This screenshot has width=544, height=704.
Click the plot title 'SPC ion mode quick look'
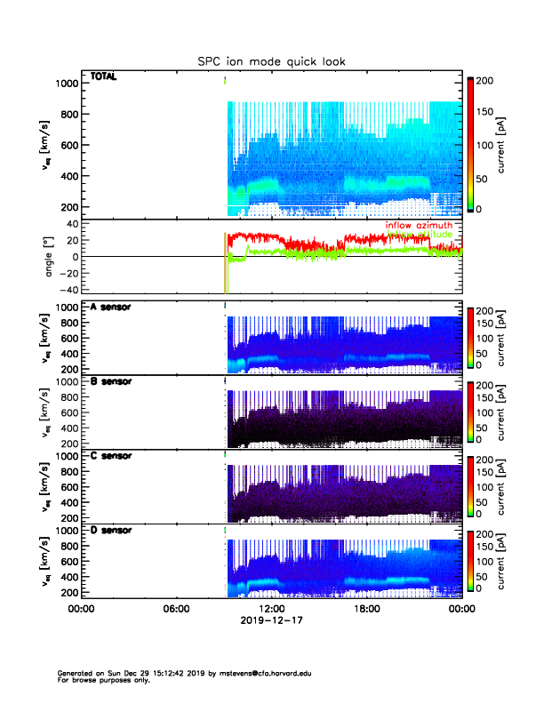pos(271,61)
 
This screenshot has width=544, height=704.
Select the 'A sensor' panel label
pos(110,307)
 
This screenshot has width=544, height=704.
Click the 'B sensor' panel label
pos(110,381)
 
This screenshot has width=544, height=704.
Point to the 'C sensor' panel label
pos(110,455)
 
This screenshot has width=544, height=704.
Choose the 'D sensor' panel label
pos(110,530)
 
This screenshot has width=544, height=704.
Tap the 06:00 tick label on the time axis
pos(176,609)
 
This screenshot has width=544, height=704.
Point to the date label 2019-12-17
pos(271,620)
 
